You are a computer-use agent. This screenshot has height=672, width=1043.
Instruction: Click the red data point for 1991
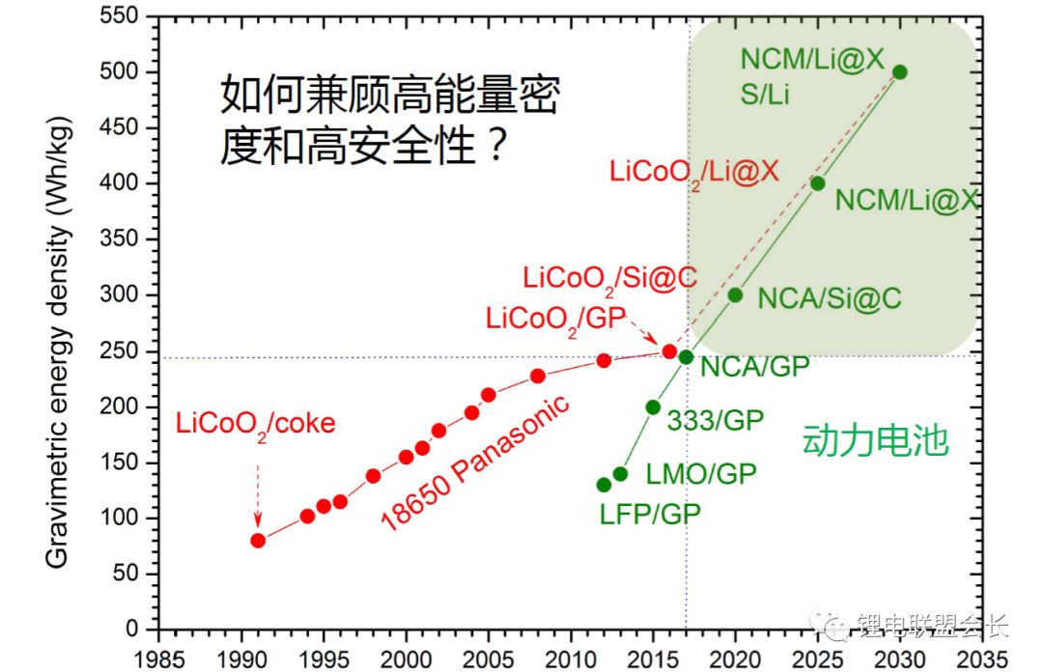pyautogui.click(x=258, y=540)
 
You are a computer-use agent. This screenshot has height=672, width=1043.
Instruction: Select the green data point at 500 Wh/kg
pyautogui.click(x=900, y=72)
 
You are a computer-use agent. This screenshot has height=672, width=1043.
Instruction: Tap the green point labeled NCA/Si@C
pyautogui.click(x=735, y=294)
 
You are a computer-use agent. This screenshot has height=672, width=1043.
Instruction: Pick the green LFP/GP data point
pyautogui.click(x=604, y=485)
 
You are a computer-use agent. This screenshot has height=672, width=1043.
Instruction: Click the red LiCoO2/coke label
pyautogui.click(x=255, y=424)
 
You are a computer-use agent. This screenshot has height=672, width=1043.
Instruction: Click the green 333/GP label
pyautogui.click(x=715, y=419)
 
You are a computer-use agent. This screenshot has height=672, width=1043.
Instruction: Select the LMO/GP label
pyautogui.click(x=701, y=473)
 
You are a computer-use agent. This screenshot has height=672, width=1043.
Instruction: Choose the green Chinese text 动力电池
pyautogui.click(x=875, y=442)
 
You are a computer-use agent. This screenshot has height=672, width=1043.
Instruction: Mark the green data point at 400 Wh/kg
pyautogui.click(x=818, y=183)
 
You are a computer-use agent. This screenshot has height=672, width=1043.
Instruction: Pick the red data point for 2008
pyautogui.click(x=538, y=376)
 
